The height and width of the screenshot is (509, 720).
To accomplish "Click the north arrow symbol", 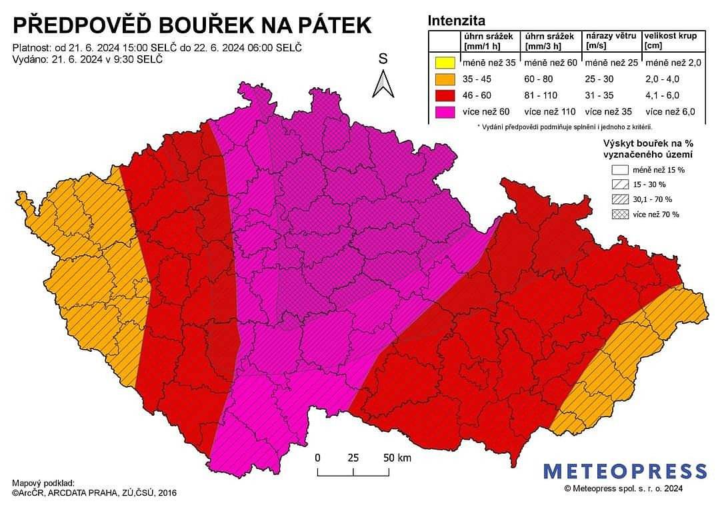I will tap(383, 84).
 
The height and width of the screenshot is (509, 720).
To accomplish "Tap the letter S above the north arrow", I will tap(383, 59).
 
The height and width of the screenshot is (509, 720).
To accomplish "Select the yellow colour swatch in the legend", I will tap(443, 64).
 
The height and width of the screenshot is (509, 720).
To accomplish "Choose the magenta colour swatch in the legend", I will tap(443, 112).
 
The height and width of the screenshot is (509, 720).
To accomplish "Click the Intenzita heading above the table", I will tap(457, 21).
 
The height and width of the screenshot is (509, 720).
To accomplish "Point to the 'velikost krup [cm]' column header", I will tap(671, 41).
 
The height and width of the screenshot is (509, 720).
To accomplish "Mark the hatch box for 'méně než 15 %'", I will tap(619, 170).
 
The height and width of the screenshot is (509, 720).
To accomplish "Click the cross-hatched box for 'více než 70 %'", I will tap(619, 214).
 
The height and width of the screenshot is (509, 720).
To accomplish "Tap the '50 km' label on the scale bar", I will tap(397, 458).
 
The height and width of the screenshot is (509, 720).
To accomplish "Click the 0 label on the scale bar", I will tap(318, 458).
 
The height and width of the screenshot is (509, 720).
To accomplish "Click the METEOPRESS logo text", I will tap(625, 472).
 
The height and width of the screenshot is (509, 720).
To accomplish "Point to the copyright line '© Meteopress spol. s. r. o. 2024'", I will tap(623, 489).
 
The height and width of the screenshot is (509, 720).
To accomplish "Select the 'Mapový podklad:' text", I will tap(43, 482).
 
